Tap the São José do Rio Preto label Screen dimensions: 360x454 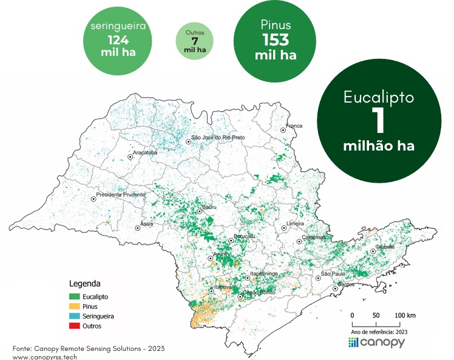tap(218, 138)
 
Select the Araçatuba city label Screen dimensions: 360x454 tap(144, 152)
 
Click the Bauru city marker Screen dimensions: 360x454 tap(200, 212)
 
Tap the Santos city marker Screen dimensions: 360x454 tap(335, 288)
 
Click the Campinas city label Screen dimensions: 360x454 tap(314, 237)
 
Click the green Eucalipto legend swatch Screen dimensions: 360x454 tap(75, 296)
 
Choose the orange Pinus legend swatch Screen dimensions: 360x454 tap(75, 306)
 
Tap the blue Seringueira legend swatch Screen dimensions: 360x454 tap(75, 316)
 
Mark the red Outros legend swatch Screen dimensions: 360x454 tap(75, 326)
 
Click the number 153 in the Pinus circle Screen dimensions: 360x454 tap(276, 40)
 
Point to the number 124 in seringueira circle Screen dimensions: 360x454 tap(118, 39)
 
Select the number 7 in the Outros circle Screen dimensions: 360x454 tap(195, 41)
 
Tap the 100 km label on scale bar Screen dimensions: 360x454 tap(405, 316)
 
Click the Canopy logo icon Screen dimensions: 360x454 tap(354, 342)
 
